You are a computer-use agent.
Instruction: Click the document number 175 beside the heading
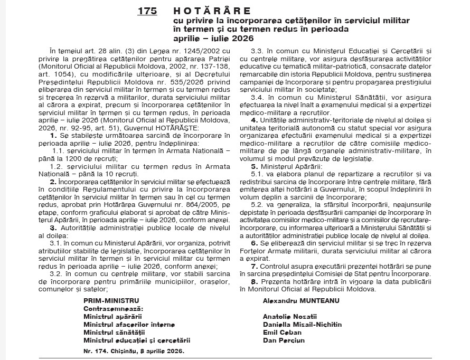(147, 11)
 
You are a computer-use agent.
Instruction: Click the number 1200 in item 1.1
(81, 158)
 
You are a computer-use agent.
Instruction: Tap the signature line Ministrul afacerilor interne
(121, 324)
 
